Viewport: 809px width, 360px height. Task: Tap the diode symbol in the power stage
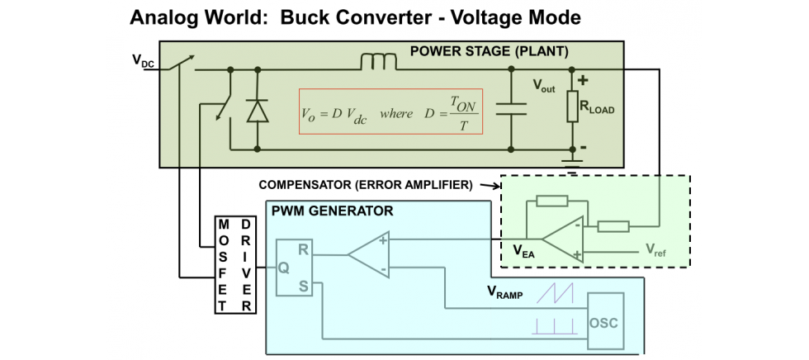258,110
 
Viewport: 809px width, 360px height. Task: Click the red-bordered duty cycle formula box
390,113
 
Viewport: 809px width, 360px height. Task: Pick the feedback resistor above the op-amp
551,200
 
